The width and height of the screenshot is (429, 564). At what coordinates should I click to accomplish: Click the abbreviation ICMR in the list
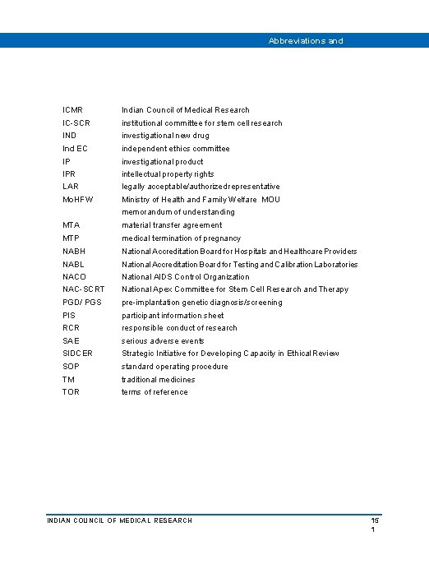[x=72, y=110]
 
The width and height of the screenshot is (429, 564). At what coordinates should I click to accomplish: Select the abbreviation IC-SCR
[x=76, y=123]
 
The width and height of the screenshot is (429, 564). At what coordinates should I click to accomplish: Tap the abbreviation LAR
[x=70, y=187]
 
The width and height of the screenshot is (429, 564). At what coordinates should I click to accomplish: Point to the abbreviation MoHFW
[x=78, y=200]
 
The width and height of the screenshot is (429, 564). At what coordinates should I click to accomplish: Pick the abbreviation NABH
[x=74, y=252]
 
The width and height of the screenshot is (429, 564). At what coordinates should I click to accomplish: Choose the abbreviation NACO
[x=74, y=277]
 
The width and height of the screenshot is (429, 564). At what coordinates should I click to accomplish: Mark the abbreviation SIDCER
[x=77, y=354]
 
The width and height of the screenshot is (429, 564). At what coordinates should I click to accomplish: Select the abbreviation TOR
[x=71, y=392]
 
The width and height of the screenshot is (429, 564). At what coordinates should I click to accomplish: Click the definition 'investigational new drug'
[x=165, y=136]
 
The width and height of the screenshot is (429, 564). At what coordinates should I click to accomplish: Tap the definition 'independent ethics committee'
[x=175, y=149]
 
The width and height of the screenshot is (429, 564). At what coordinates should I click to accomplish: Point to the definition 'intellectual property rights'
[x=168, y=174]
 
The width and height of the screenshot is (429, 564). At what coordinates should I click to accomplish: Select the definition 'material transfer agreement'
[x=172, y=225]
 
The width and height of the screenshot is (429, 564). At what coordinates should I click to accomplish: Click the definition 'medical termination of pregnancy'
[x=181, y=238]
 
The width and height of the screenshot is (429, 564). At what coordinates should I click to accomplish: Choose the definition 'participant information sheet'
[x=173, y=316]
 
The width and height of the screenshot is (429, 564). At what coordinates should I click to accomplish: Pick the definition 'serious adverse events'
[x=163, y=341]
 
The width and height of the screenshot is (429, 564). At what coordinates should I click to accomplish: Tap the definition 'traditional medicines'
[x=158, y=380]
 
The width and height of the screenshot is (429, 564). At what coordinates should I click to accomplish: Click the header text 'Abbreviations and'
[x=306, y=40]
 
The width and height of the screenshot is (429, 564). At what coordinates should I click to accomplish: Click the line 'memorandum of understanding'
[x=172, y=212]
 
